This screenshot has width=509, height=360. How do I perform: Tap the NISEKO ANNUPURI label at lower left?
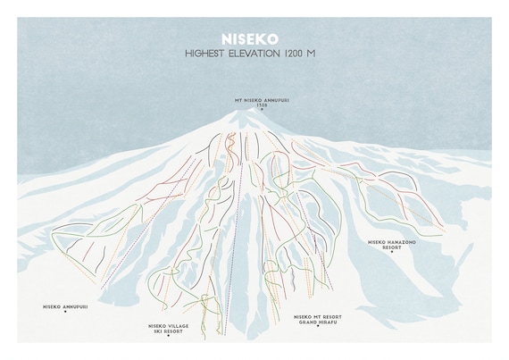65,306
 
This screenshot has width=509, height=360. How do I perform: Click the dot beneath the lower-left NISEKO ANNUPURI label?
65,313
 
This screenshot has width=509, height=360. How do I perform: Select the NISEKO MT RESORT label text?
316,315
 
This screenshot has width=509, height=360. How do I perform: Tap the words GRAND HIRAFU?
316,322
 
